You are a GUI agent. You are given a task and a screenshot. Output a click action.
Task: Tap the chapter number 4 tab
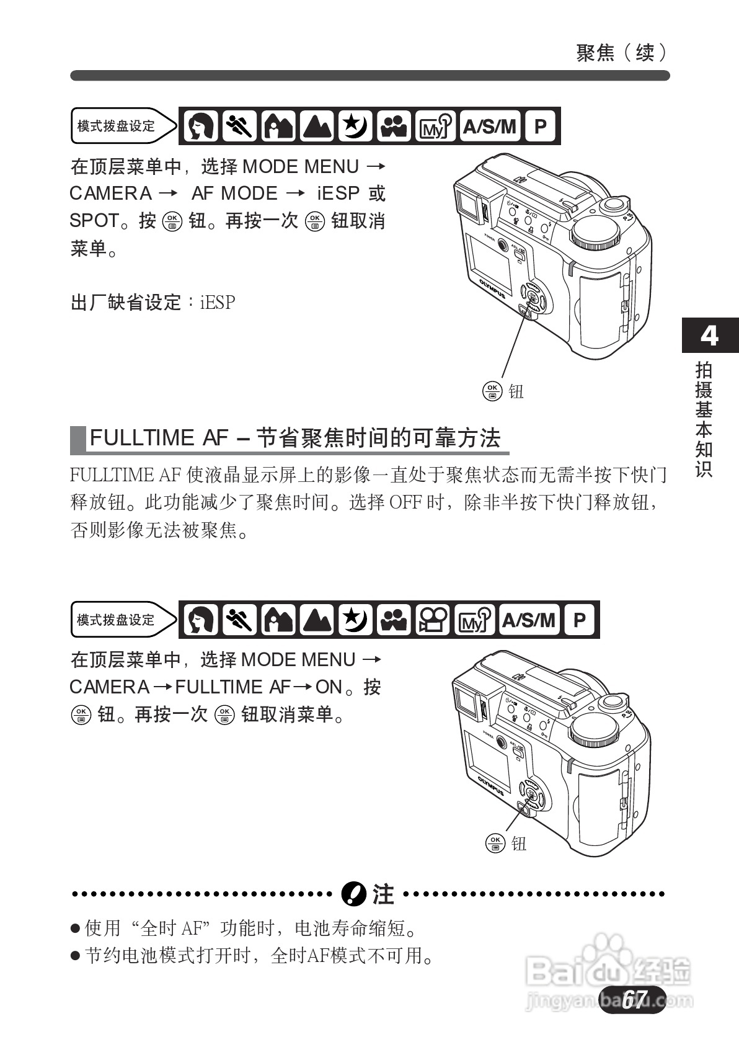(709, 336)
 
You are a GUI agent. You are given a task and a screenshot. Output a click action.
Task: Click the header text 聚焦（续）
(621, 53)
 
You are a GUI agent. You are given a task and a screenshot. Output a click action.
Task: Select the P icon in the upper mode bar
(541, 127)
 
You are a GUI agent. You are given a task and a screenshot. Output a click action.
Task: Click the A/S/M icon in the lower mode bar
(529, 620)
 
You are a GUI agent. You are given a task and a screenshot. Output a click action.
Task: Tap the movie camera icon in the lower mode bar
(432, 620)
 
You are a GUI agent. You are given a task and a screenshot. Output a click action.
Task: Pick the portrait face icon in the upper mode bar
(200, 127)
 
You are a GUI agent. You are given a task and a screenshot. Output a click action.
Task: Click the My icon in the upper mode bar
(435, 127)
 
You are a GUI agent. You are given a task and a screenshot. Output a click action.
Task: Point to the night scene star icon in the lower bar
(355, 620)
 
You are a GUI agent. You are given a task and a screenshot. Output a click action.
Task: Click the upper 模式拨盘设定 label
(116, 127)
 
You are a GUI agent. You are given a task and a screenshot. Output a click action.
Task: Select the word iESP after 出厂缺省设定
(218, 303)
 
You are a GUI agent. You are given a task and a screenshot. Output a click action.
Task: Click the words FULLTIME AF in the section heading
(159, 438)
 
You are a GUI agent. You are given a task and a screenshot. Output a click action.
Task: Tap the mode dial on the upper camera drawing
(595, 233)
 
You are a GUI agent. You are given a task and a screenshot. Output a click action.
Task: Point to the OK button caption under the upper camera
(503, 391)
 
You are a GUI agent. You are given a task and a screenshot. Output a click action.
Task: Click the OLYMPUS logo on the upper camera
(492, 289)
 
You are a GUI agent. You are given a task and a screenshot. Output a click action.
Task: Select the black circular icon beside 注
(354, 894)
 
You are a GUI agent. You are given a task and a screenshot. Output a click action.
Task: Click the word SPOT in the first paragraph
(94, 221)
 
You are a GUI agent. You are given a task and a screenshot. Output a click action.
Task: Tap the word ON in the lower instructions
(329, 687)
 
